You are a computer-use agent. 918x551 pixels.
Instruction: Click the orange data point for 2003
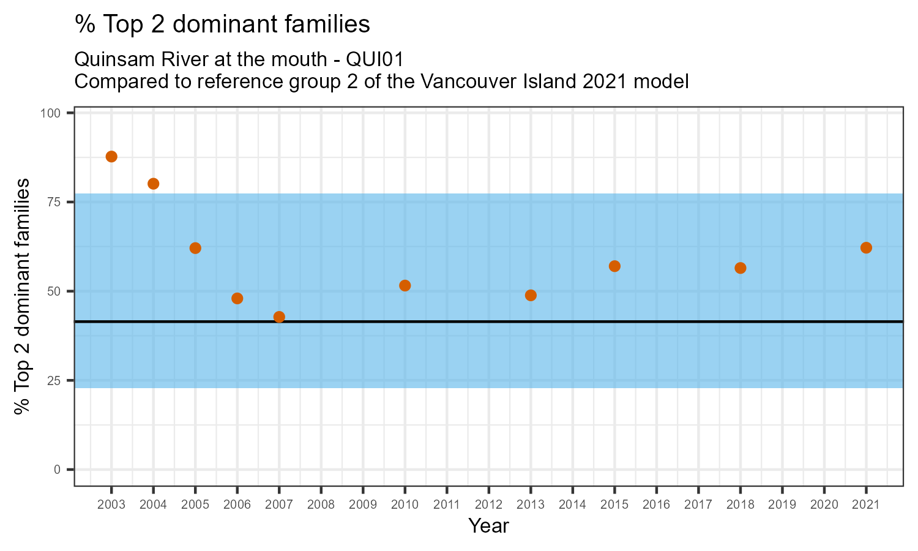tap(111, 157)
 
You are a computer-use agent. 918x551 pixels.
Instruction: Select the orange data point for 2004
tap(154, 184)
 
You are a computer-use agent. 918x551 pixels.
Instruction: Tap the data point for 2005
tap(195, 248)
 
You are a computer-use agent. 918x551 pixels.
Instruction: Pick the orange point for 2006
tap(237, 298)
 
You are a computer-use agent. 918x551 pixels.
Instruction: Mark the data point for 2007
tap(279, 317)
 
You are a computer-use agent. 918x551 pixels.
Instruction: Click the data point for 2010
tap(405, 285)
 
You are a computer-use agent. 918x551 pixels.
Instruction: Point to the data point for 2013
tap(531, 295)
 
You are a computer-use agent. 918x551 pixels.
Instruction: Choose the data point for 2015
tap(614, 266)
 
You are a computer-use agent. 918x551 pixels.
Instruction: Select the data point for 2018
tap(740, 268)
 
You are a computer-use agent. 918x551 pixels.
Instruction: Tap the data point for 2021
tap(866, 247)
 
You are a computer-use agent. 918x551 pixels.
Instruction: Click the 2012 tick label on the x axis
tap(488, 505)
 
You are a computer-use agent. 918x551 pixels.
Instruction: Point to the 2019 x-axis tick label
tap(782, 505)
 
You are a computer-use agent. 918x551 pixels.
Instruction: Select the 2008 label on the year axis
tap(321, 505)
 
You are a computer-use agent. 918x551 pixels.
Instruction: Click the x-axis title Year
tap(488, 525)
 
